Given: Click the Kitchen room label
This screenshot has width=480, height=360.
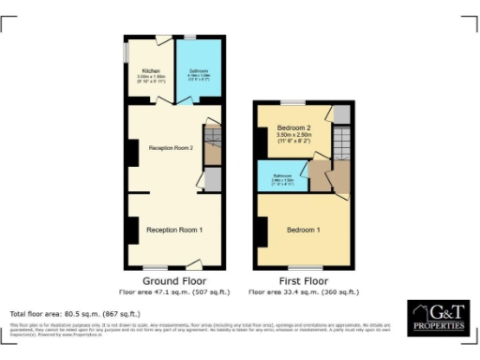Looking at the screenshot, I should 150,71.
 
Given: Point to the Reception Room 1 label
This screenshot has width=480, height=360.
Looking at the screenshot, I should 174,230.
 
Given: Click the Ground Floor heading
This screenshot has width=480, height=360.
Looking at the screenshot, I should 173,280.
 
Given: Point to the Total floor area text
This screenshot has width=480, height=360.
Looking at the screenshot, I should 75,313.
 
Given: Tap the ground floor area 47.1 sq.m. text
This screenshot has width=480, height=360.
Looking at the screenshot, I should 173,292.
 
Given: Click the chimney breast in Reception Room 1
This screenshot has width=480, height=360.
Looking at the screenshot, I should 132,228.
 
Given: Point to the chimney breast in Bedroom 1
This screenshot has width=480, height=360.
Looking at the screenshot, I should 261,230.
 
